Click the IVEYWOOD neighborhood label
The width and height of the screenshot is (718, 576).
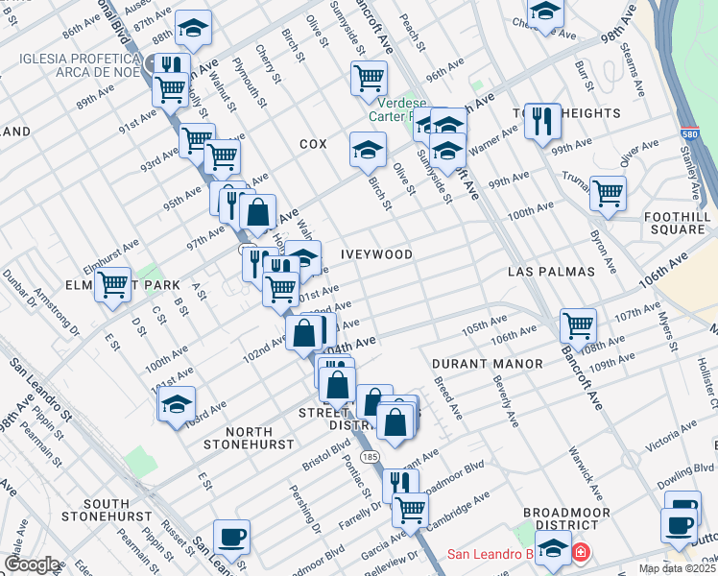coord(376,254)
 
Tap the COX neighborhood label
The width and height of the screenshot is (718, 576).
coord(313,143)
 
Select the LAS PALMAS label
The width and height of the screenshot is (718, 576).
coord(551,272)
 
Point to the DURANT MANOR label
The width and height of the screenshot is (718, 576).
coord(487,364)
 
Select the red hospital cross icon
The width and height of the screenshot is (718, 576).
coord(581,554)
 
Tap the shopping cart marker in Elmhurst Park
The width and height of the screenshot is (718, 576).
coord(112,283)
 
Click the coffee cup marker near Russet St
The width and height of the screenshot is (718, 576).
coord(230,536)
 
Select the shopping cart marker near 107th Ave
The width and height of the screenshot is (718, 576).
coord(578,324)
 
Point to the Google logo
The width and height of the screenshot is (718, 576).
coord(32,564)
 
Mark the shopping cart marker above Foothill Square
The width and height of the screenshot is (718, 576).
coord(608,192)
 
